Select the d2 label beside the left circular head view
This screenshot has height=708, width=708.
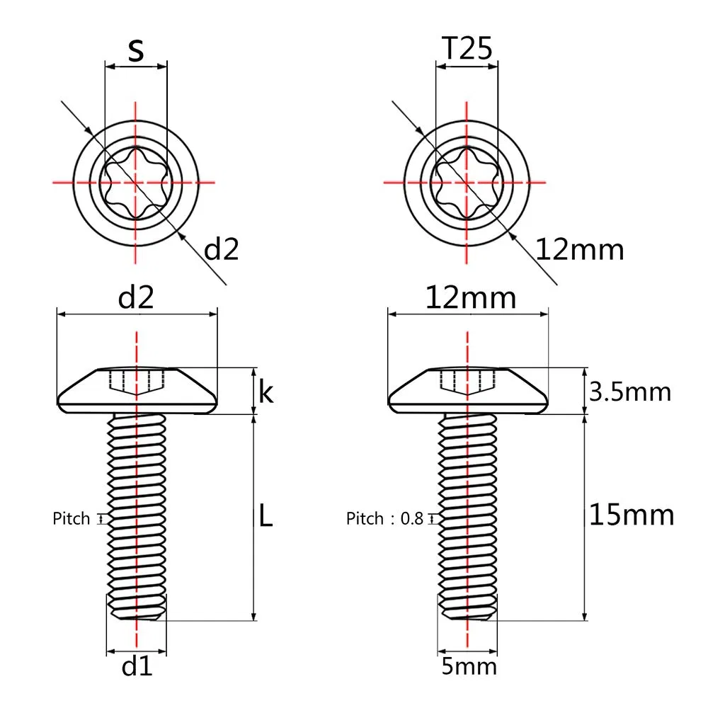222,249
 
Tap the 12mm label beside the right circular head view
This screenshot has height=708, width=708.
580,249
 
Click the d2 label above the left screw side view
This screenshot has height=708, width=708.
136,298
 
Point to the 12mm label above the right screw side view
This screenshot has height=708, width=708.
470,298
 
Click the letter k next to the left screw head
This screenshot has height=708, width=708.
265,392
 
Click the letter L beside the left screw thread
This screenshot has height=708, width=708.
264,518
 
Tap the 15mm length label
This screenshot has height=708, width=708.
632,515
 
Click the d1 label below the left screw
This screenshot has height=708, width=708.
137,666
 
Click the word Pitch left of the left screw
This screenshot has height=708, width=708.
72,519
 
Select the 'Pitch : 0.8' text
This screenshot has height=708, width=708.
384,519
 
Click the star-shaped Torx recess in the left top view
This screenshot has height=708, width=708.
135,182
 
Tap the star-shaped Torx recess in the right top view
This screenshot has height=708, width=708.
467,182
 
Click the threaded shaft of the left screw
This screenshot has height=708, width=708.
136,517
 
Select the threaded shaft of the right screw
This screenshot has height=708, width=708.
467,517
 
